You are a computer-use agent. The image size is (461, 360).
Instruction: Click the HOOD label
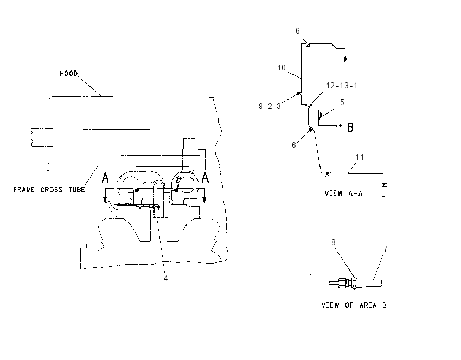tap(68, 74)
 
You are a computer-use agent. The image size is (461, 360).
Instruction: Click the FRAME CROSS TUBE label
tap(49, 190)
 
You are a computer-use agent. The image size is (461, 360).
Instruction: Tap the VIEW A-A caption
tap(343, 194)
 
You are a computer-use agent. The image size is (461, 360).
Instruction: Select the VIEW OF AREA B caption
tap(354, 305)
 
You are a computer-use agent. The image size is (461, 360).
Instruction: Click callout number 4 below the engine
tap(165, 278)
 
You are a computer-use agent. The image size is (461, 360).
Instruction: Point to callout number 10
tap(281, 68)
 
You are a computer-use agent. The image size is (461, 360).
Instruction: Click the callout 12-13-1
tap(342, 86)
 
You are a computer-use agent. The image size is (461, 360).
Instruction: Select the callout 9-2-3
tap(270, 106)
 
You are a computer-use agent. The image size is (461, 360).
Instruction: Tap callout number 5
tap(342, 102)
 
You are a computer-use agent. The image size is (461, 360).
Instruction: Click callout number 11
tap(360, 157)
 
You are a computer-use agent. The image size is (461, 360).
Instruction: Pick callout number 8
tap(333, 242)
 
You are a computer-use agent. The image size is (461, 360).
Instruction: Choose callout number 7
tap(386, 249)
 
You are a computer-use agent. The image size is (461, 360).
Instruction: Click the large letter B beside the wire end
tap(350, 127)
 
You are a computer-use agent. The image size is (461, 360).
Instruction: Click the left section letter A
tap(105, 178)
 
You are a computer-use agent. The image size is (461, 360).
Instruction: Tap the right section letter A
tap(205, 178)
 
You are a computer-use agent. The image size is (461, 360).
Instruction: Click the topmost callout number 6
tap(298, 31)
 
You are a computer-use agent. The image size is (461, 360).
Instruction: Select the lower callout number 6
tap(294, 145)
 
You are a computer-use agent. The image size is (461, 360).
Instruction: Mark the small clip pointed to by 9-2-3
tap(299, 94)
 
